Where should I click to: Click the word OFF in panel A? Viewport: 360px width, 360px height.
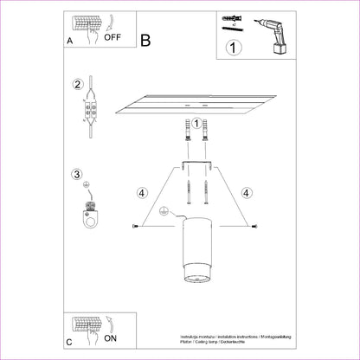coord(114,37)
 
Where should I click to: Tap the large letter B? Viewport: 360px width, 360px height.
coord(145,39)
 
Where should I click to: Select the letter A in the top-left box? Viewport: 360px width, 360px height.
coord(69,40)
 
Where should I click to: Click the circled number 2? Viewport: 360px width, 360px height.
coord(78,85)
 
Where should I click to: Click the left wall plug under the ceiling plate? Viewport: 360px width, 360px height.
coord(185,133)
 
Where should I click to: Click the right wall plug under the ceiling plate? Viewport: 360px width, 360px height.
coord(207,133)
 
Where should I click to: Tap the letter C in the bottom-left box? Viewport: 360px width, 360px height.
coord(69,342)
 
